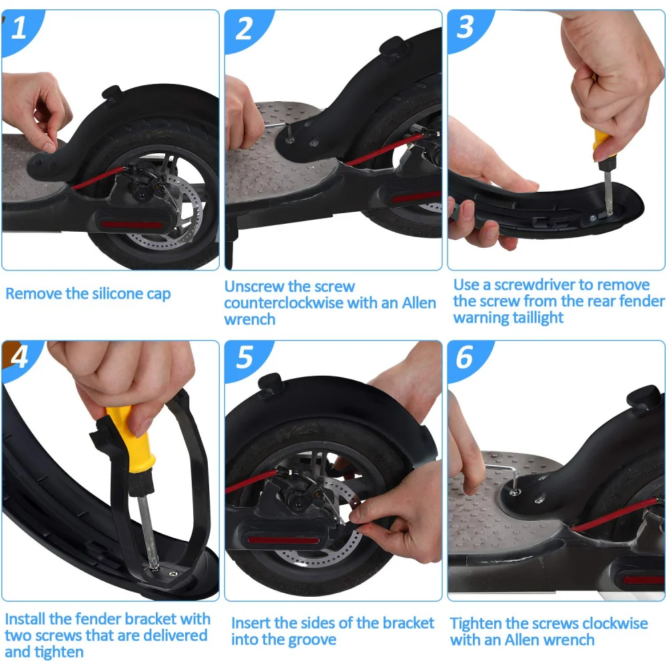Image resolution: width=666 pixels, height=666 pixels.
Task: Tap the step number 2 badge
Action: (245, 29)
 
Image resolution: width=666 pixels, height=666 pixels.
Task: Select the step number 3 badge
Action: (466, 28)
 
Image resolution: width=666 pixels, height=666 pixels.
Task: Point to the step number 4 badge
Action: (19, 358)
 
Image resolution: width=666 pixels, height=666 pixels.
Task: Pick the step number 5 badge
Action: (245, 358)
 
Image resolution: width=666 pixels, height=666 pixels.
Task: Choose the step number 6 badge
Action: (465, 358)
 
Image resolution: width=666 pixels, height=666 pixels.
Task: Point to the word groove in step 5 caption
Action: (310, 640)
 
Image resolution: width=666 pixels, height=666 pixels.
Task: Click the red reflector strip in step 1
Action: (132, 224)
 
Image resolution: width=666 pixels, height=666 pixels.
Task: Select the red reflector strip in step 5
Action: (282, 540)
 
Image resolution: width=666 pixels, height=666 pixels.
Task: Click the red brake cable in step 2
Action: (384, 149)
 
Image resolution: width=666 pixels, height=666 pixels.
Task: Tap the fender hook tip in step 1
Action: (111, 91)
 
